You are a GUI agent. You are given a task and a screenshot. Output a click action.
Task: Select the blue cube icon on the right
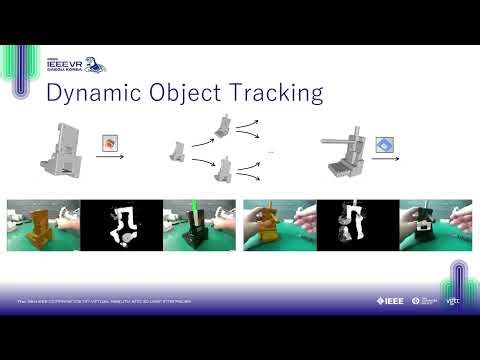(382, 145)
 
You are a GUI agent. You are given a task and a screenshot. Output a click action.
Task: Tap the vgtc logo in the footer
(453, 300)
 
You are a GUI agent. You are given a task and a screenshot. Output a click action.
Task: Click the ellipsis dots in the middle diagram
(270, 151)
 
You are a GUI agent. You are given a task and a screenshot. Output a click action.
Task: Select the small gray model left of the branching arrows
(177, 152)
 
